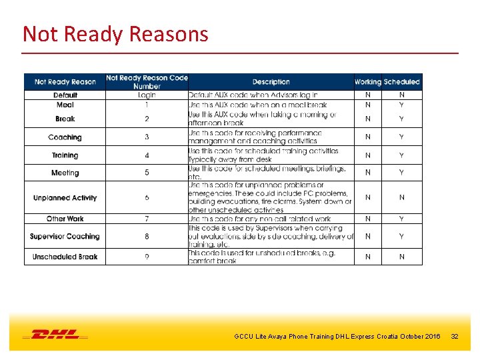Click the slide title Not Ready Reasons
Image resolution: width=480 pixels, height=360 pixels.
click(115, 33)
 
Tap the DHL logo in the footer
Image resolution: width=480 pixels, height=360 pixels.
click(55, 335)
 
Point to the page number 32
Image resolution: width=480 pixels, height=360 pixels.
click(455, 336)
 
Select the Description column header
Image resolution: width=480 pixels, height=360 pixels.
click(271, 82)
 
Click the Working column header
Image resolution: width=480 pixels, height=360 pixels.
click(367, 82)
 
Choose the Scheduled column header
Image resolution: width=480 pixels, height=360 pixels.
click(402, 82)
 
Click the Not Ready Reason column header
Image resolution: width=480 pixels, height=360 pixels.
click(65, 82)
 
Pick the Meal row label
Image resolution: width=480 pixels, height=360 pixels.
click(65, 105)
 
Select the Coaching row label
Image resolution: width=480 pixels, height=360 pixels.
click(65, 137)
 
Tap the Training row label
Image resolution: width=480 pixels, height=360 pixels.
click(65, 155)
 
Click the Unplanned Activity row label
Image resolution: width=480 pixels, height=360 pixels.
click(65, 198)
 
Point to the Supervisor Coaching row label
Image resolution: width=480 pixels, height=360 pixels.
click(65, 237)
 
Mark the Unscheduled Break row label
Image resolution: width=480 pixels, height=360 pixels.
click(65, 257)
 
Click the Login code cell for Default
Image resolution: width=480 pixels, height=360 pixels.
click(147, 95)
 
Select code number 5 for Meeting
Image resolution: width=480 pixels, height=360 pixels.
click(147, 173)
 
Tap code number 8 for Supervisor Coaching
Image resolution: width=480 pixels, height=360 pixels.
click(147, 237)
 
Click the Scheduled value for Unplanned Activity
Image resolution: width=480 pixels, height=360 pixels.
click(402, 198)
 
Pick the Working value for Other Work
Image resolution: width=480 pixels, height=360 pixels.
click(367, 219)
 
